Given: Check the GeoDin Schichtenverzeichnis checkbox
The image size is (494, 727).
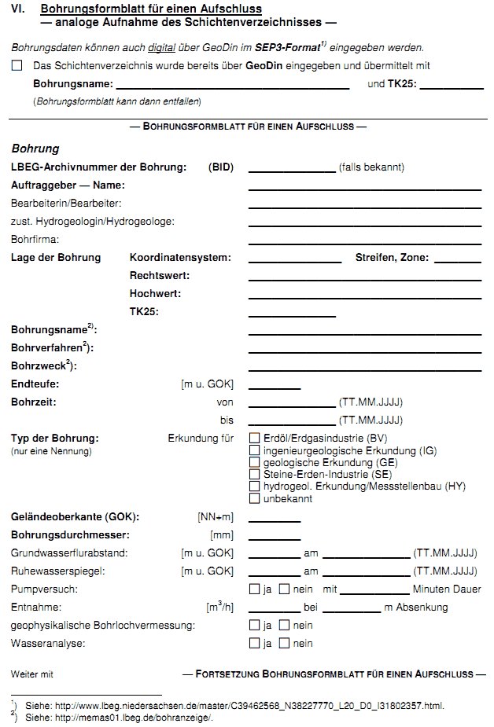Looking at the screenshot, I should point(17,66).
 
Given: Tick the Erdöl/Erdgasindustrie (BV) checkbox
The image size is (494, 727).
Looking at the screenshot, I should point(254,438).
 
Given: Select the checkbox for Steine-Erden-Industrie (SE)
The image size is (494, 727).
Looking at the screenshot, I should point(254,474).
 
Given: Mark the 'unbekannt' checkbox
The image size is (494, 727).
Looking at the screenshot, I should point(254,498).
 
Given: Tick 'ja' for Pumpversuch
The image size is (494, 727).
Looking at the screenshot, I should point(254,589).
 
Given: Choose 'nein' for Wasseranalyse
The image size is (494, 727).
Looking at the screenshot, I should point(286,644).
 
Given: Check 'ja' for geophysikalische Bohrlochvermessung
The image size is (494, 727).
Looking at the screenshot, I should point(254,626).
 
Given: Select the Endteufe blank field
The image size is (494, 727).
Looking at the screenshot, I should point(275,389).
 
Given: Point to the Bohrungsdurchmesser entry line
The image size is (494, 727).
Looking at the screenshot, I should point(275,539).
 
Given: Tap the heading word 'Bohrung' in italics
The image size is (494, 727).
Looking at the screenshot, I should point(35,149).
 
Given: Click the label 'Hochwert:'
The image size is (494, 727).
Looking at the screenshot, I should point(155,294).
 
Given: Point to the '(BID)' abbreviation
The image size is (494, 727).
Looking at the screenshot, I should point(221,167).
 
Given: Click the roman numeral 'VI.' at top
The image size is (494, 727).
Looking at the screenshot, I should point(18,9).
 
